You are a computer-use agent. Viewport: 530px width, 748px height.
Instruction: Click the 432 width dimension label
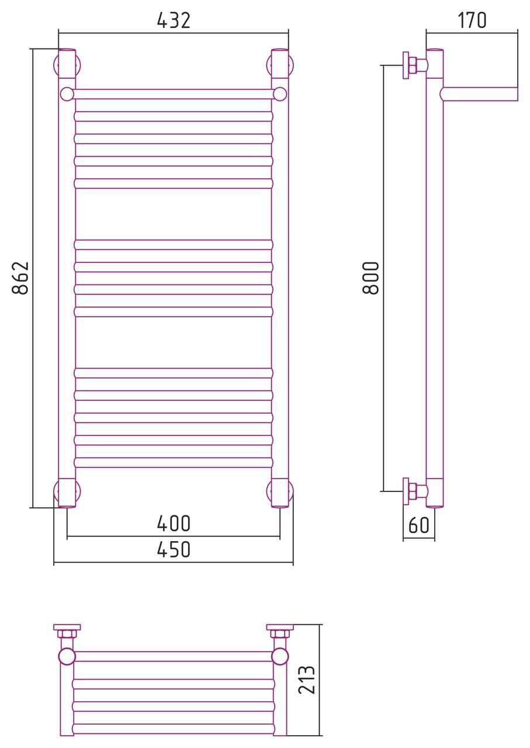pyautogui.click(x=174, y=20)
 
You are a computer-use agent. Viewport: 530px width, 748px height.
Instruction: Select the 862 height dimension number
pyautogui.click(x=20, y=278)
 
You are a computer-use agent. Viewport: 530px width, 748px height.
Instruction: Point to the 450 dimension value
pyautogui.click(x=174, y=549)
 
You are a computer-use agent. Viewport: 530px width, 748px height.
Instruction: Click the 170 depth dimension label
pyautogui.click(x=472, y=20)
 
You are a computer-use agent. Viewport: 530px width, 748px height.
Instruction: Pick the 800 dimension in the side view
pyautogui.click(x=370, y=278)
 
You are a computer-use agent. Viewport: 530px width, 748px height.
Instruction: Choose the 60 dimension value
pyautogui.click(x=418, y=525)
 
